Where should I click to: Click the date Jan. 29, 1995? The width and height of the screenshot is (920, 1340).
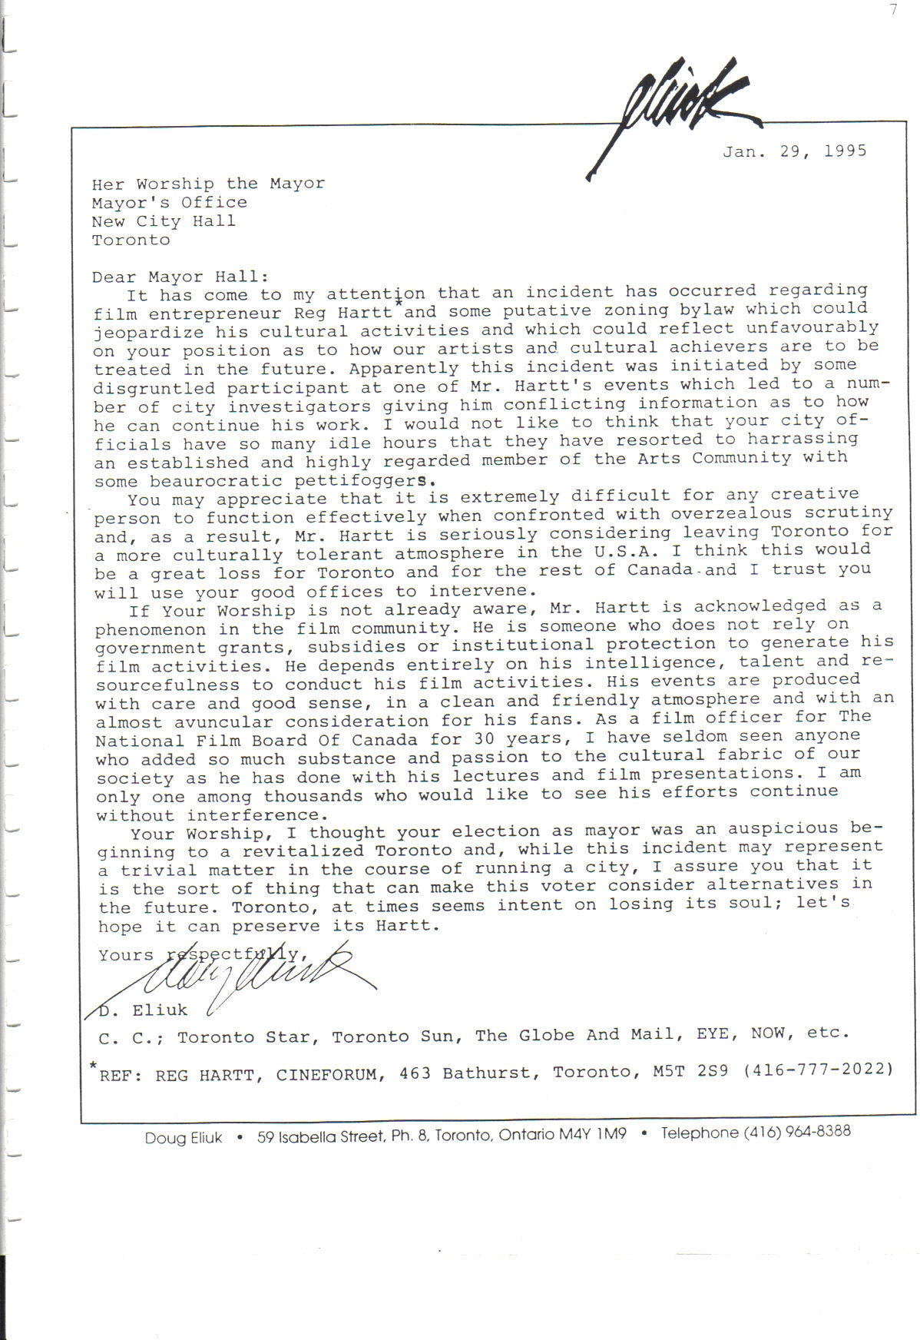click(x=794, y=151)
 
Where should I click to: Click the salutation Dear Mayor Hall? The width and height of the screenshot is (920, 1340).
click(x=180, y=277)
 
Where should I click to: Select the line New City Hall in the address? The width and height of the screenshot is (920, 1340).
click(x=164, y=221)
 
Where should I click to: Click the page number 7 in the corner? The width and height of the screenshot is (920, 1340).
click(x=894, y=10)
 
